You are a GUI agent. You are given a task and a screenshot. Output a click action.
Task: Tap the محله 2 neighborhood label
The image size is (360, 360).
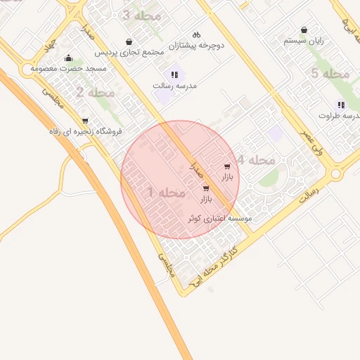(x=95, y=92)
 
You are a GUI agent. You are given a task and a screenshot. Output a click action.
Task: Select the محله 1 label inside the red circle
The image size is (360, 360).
(x=167, y=193)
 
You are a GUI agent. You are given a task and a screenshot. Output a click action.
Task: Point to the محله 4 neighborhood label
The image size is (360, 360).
(x=255, y=160)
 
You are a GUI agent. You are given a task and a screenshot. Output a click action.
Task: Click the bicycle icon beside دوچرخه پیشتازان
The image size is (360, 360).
(x=196, y=34)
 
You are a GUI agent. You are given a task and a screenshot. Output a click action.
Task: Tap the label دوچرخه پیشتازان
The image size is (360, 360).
(x=200, y=45)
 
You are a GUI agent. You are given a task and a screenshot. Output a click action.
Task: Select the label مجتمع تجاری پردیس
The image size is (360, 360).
(x=129, y=52)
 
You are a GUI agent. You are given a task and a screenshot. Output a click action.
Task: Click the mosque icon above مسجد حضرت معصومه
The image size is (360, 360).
(x=67, y=58)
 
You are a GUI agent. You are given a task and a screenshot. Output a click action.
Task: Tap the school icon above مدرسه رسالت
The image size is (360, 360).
(x=174, y=75)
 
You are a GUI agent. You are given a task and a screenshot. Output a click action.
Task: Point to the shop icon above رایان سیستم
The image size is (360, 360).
(x=304, y=30)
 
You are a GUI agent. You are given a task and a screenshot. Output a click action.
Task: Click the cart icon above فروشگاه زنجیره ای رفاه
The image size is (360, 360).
(x=85, y=121)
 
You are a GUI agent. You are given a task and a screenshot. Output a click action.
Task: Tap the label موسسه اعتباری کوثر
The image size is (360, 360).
(x=219, y=219)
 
